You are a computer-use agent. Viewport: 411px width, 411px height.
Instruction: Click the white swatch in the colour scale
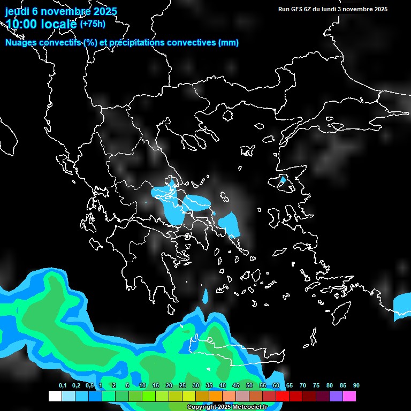(x=55, y=396)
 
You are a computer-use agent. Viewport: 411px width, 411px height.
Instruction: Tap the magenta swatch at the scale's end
(x=349, y=396)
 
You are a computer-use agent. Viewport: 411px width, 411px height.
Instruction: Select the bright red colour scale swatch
(x=283, y=396)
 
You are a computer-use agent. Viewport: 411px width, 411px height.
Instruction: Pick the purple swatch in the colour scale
(x=336, y=396)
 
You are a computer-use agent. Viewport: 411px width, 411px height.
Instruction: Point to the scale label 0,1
(x=63, y=385)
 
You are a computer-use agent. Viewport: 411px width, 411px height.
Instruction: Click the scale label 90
(x=356, y=385)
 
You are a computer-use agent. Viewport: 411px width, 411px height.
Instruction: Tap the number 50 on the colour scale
(x=249, y=385)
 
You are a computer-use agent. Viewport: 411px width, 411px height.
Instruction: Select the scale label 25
(x=182, y=385)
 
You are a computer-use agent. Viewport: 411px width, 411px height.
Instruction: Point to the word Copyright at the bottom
(x=202, y=407)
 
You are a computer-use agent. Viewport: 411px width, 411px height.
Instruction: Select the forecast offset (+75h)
(x=93, y=24)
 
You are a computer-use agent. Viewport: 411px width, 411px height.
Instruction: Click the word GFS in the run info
(x=296, y=9)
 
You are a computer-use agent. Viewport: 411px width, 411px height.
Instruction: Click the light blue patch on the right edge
(x=402, y=306)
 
